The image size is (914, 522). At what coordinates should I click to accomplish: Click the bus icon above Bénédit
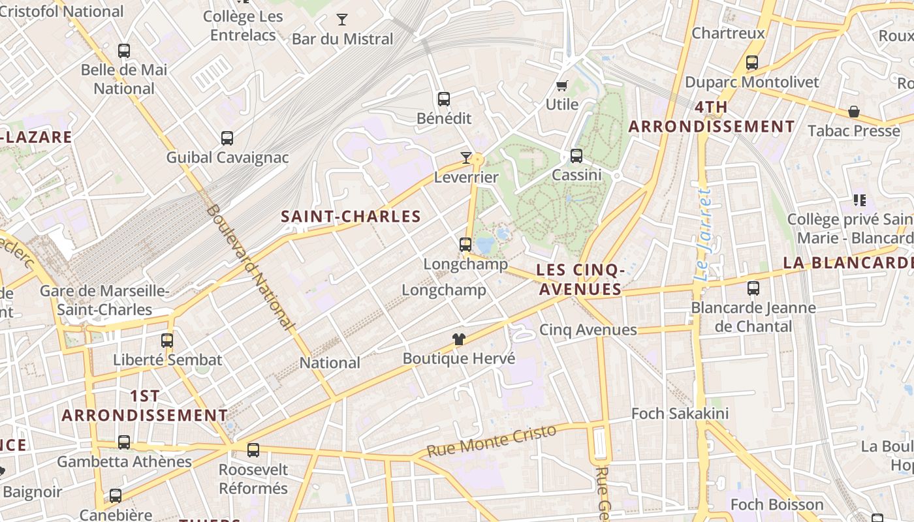[x=444, y=99]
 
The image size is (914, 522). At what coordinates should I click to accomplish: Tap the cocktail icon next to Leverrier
[x=465, y=157]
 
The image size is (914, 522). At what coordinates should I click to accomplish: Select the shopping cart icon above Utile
[x=561, y=85]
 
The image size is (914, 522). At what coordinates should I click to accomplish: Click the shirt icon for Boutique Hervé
[x=459, y=339]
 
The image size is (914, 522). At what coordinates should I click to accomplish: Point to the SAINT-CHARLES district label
[x=351, y=217]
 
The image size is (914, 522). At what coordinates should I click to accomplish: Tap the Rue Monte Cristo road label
[x=491, y=441]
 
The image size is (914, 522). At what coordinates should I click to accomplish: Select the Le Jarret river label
[x=702, y=235]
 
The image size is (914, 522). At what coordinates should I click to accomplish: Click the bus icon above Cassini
[x=576, y=156]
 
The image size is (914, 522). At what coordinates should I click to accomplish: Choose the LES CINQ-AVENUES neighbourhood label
[x=580, y=279]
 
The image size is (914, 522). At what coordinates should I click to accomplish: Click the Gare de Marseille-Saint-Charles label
[x=104, y=300]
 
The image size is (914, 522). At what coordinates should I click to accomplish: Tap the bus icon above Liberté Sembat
[x=167, y=341]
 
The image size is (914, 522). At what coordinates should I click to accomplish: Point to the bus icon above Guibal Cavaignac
[x=227, y=138]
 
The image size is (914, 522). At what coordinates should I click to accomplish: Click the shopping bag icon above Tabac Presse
[x=853, y=112]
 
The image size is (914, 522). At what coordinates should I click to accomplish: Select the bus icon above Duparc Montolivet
[x=751, y=63]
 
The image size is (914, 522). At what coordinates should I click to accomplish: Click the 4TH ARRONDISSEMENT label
[x=712, y=117]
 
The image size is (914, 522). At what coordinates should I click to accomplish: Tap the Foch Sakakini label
[x=680, y=414]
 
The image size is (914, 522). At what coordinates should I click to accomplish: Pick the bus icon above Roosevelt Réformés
[x=253, y=450]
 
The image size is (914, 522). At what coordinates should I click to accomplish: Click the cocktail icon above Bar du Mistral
[x=341, y=20]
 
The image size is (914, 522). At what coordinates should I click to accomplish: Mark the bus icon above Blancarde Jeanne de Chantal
[x=753, y=288]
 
